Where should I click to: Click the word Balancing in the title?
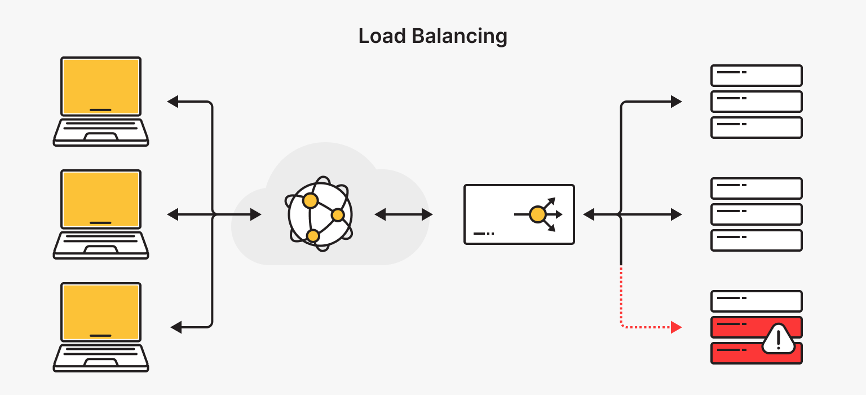[459, 37]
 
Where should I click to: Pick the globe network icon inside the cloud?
[320, 215]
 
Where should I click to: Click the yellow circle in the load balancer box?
[537, 214]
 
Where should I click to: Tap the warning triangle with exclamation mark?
[778, 339]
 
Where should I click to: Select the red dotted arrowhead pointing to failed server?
[677, 327]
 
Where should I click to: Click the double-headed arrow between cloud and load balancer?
[404, 214]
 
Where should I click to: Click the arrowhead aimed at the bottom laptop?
[176, 327]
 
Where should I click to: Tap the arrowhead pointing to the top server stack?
[677, 102]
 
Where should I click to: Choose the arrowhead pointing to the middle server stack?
[677, 214]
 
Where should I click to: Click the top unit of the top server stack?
[756, 75]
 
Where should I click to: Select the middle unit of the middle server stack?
[756, 214]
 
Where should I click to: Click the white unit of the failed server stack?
[756, 301]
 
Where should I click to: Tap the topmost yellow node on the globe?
[310, 200]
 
